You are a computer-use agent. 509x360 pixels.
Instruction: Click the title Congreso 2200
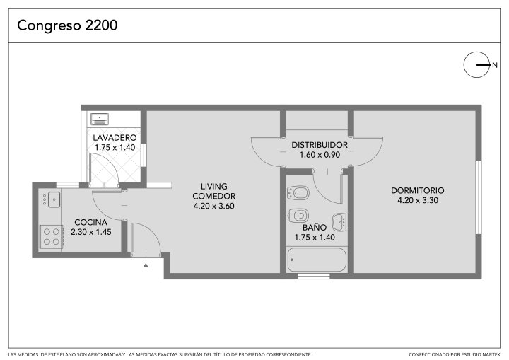click(x=67, y=25)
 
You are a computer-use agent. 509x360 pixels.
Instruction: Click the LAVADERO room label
click(x=115, y=138)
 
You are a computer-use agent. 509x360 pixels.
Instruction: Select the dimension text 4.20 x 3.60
click(x=214, y=206)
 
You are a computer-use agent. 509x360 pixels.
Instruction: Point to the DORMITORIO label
click(x=418, y=190)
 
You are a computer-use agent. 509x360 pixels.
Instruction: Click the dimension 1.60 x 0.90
click(x=320, y=155)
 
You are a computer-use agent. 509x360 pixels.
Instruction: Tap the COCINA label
click(x=91, y=223)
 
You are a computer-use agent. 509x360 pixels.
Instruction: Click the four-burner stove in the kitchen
click(x=52, y=237)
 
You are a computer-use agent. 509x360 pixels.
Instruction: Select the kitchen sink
click(x=54, y=199)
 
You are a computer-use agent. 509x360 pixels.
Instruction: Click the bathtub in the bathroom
click(x=317, y=260)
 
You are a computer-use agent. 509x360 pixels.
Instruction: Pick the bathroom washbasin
click(x=339, y=222)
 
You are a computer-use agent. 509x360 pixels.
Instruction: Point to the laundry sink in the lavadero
click(x=100, y=120)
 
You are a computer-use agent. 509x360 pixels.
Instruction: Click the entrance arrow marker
click(x=146, y=265)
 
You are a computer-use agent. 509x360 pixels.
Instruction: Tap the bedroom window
click(x=479, y=197)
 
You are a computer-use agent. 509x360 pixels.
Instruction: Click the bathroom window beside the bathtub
click(x=314, y=276)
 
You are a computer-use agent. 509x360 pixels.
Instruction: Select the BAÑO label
click(x=315, y=228)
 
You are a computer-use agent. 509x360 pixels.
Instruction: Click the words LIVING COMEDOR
click(x=214, y=192)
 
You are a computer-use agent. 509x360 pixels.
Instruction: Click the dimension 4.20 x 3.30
click(x=418, y=200)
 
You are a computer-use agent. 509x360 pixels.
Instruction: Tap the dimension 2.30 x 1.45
click(x=91, y=232)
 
